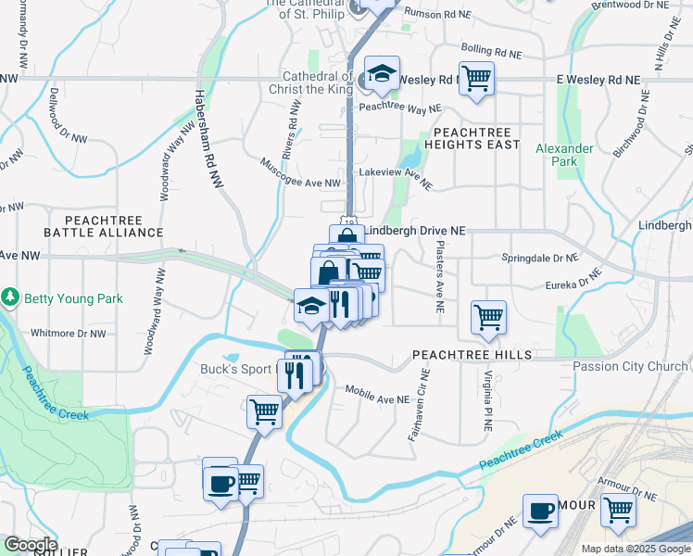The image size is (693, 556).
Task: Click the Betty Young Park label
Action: coord(73,298)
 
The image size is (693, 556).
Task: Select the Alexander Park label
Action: coord(564,155)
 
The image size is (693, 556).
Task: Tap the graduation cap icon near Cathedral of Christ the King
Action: coord(381,74)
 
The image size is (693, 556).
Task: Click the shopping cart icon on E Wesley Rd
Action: coord(476,78)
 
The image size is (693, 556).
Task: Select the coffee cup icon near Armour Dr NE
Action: coord(540,511)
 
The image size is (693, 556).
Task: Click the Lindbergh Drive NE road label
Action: coord(414,230)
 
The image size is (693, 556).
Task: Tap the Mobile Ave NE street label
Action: coord(377,395)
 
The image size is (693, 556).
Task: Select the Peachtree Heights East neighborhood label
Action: coord(471,138)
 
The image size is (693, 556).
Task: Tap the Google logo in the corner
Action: coord(30,545)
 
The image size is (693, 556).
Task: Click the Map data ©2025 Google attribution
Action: coord(636,549)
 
